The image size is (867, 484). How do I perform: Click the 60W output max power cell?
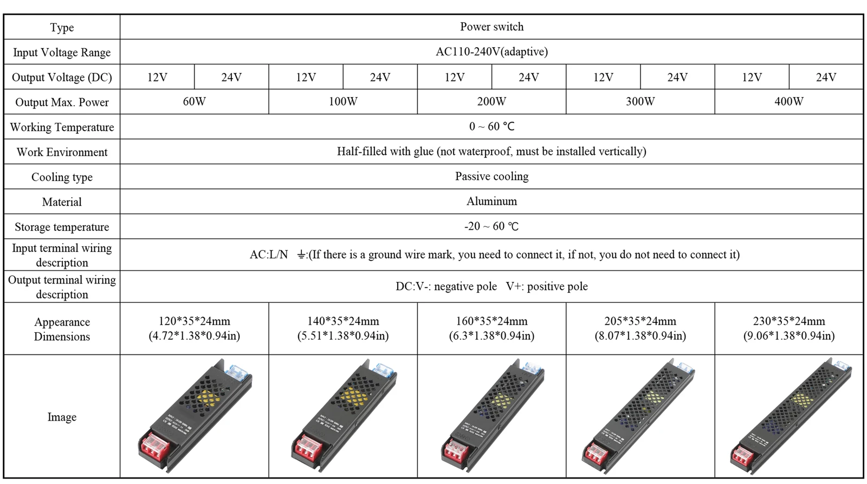point(194,101)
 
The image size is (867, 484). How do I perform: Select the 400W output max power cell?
point(788,101)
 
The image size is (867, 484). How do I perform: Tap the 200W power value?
point(491,101)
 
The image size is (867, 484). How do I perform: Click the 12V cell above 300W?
point(603,77)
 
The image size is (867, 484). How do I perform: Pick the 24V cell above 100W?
point(380,77)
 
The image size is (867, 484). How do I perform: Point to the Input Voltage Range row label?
point(62,53)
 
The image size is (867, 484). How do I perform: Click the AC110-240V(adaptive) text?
point(491,51)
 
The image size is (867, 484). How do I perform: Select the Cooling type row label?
point(62,177)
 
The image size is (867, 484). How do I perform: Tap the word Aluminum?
point(491,201)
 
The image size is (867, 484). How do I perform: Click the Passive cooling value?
point(491,176)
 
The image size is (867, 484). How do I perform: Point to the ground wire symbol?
point(302,255)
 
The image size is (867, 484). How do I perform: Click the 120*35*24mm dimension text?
point(194,321)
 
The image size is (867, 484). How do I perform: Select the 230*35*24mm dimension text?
point(788,321)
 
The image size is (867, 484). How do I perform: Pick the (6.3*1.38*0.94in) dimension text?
point(491,335)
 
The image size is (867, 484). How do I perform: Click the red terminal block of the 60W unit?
point(155,449)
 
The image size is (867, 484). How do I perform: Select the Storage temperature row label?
point(62,227)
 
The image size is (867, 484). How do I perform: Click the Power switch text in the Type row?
point(491,27)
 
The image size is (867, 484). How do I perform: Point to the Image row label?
point(62,417)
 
